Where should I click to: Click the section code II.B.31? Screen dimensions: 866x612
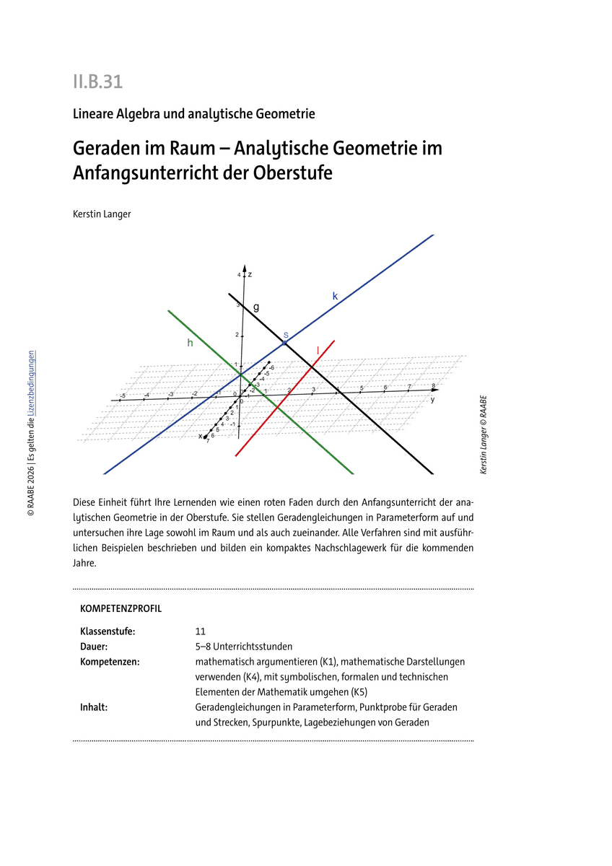point(97,82)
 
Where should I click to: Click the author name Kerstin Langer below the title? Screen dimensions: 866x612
point(102,214)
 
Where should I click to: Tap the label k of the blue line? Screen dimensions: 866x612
point(335,296)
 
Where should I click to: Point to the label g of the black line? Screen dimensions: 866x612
point(256,307)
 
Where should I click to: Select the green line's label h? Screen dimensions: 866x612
point(190,344)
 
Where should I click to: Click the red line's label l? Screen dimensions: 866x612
point(318,350)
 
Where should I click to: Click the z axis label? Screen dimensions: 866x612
point(250,275)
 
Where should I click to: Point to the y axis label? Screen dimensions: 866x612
point(432,399)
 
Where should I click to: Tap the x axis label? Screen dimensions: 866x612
point(200,436)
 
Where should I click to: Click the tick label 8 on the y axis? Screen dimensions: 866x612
point(433,386)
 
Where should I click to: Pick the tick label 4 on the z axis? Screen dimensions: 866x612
point(239,275)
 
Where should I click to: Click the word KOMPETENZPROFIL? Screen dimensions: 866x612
point(121,608)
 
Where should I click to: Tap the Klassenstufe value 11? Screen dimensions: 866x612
point(201,631)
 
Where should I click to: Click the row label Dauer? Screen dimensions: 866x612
point(94,646)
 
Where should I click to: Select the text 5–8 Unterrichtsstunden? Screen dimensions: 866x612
point(243,646)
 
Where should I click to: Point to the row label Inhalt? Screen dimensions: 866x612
point(94,707)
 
